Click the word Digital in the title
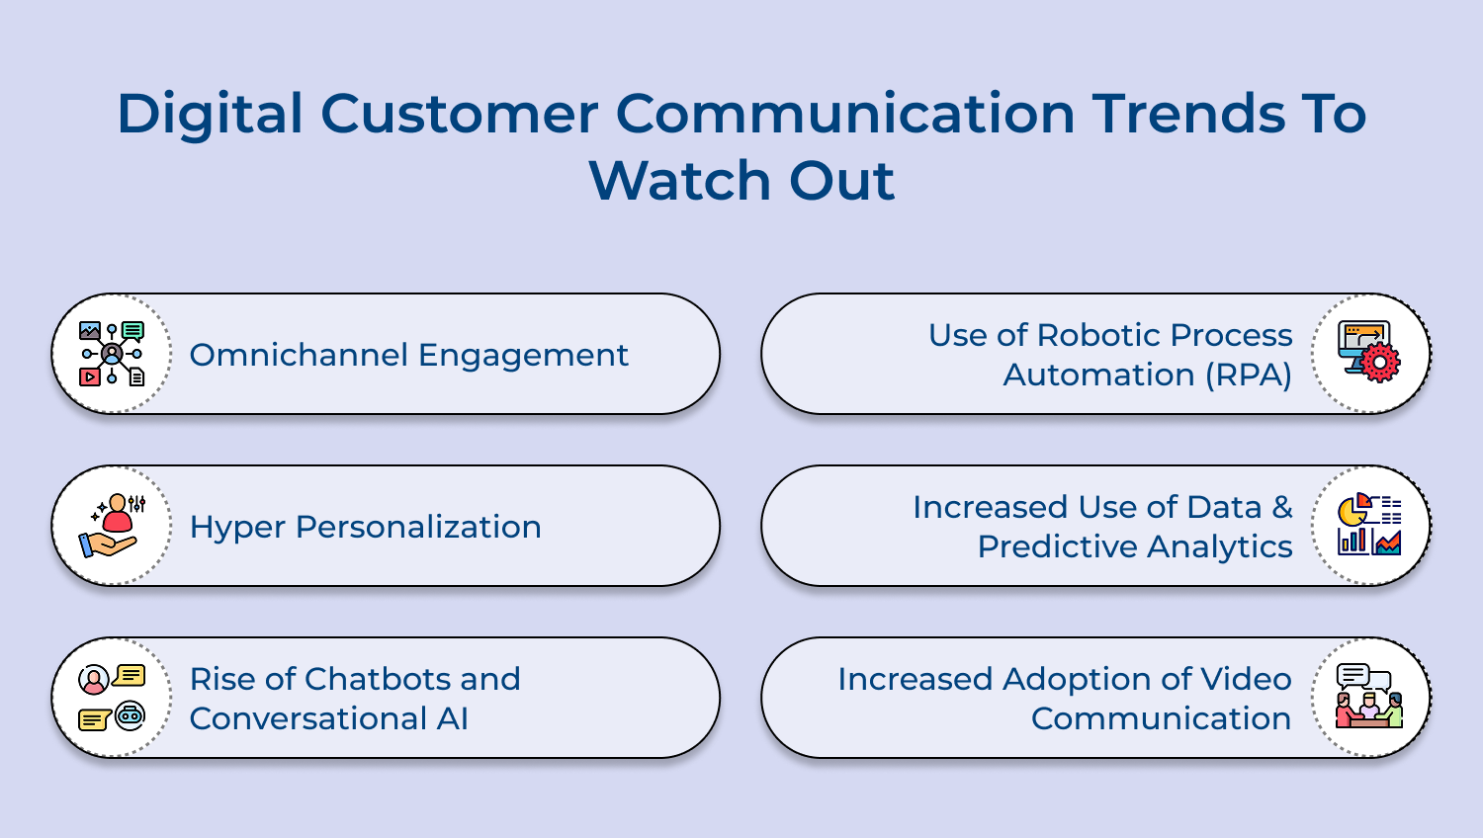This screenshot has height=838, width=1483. point(210,114)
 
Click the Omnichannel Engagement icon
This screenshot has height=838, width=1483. point(112,354)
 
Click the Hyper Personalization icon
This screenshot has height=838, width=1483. point(112,526)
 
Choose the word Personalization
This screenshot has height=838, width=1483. point(418,527)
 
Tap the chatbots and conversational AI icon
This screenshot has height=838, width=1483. point(112,698)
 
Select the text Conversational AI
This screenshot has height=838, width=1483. point(328,718)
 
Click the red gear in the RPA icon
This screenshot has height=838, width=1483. point(1380,364)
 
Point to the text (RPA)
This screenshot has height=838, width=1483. point(1249,376)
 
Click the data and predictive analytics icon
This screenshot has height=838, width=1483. point(1369,526)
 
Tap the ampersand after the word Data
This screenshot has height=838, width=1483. point(1282,507)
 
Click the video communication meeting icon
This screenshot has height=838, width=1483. point(1369,698)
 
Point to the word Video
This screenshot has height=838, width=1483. point(1246,679)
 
